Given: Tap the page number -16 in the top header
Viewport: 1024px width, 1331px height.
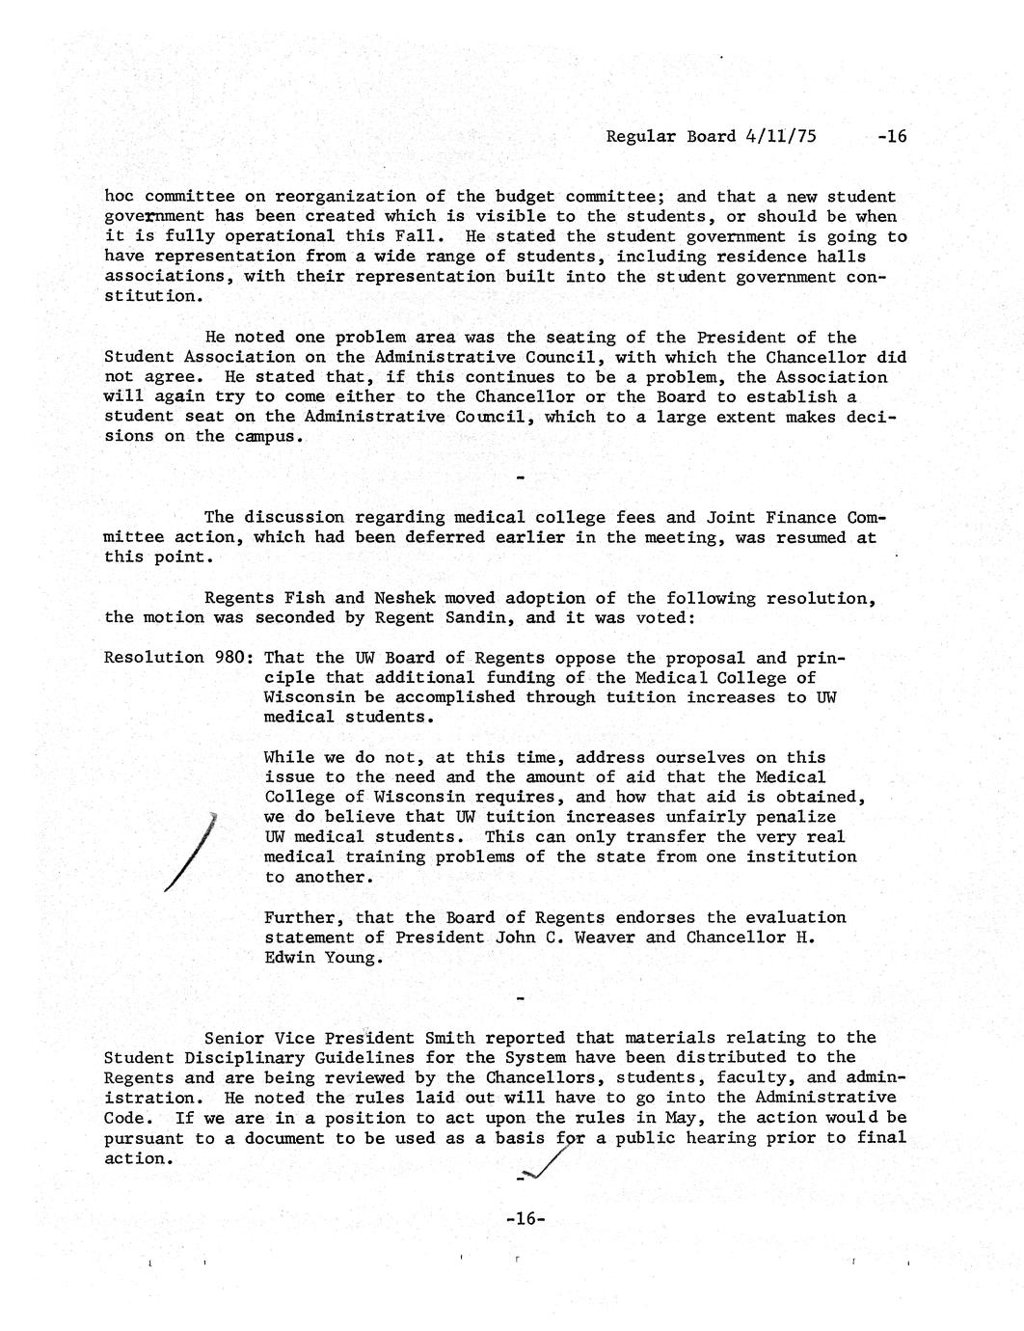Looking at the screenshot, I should [x=891, y=136].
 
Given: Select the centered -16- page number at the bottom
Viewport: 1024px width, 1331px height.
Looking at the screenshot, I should [x=525, y=1219].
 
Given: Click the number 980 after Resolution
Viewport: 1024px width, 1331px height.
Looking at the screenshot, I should [x=233, y=658].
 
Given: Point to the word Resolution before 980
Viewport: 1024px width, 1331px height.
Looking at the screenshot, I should [x=153, y=658].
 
